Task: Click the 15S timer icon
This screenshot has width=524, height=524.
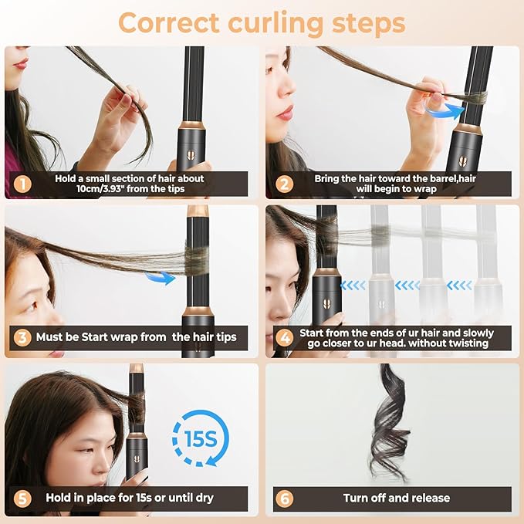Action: tap(200, 438)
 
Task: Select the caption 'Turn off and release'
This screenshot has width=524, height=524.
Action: tap(397, 498)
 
